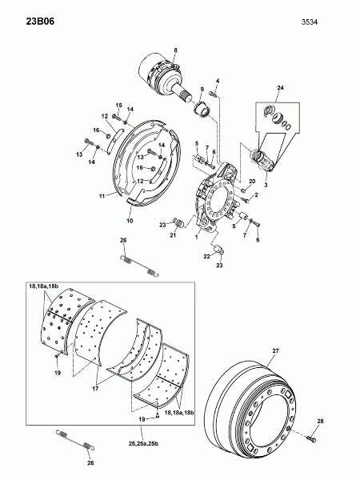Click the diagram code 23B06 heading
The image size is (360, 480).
tap(40, 22)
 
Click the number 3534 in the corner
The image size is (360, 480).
tap(310, 22)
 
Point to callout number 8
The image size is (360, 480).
tap(175, 50)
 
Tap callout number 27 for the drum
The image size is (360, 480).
tap(276, 351)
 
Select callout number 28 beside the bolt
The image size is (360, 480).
tap(320, 422)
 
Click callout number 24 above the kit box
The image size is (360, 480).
tap(281, 88)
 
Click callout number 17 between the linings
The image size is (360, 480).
tap(95, 389)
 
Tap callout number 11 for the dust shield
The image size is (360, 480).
tap(102, 196)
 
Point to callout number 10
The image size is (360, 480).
tap(130, 221)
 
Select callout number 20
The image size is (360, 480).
tap(252, 182)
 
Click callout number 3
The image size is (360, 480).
tap(266, 185)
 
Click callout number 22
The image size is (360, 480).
tap(207, 257)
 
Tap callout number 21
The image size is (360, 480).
tap(174, 235)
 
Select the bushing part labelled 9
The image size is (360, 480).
tap(202, 110)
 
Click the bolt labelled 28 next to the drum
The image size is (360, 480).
tap(312, 439)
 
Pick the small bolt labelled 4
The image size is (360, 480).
tap(213, 94)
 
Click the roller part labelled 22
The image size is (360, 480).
tap(219, 250)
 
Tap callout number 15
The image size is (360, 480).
tap(118, 106)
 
